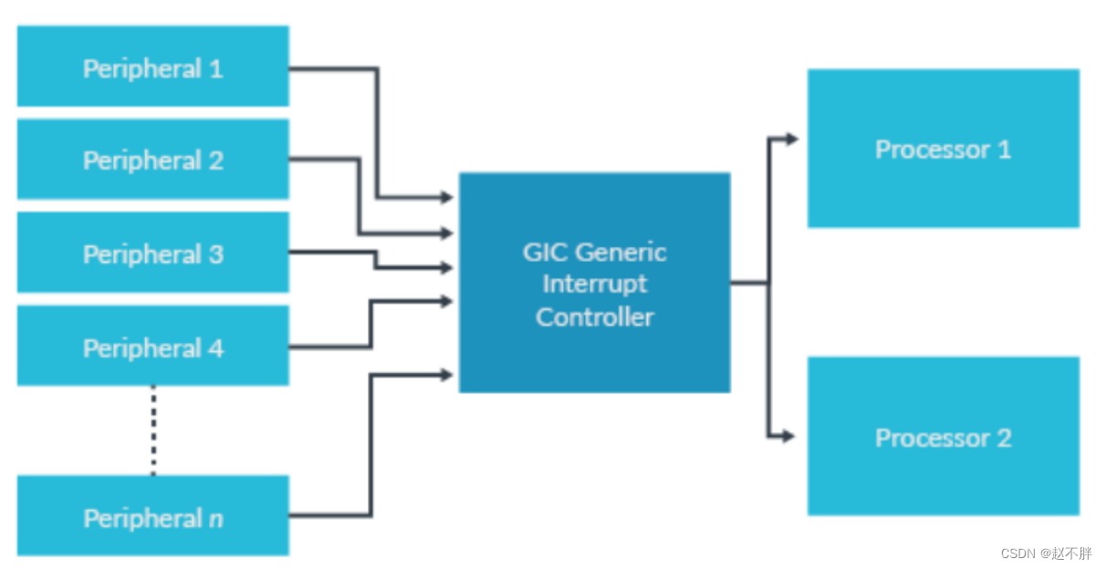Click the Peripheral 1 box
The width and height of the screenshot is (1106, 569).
click(152, 66)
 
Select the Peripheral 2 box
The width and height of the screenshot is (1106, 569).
click(152, 160)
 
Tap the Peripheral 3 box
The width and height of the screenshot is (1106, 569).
click(152, 253)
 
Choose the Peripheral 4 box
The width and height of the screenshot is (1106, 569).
click(152, 346)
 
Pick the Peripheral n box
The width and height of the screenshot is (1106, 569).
click(152, 516)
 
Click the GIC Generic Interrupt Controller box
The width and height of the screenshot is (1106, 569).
click(594, 283)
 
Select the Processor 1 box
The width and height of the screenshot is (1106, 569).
click(943, 149)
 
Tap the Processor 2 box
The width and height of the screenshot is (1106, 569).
click(943, 437)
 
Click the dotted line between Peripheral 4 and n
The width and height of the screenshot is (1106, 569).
click(153, 429)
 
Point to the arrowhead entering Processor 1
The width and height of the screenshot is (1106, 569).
click(791, 139)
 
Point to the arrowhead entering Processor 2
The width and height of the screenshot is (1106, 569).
click(788, 437)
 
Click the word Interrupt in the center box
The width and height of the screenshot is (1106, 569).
click(595, 284)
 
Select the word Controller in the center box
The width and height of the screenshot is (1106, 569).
click(595, 317)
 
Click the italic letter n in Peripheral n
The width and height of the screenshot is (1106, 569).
click(215, 519)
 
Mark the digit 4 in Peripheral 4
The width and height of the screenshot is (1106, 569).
click(215, 347)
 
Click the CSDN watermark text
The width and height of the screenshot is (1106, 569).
click(1046, 553)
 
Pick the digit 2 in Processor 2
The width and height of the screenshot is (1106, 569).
click(1003, 438)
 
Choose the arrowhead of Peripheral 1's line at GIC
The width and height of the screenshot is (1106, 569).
click(447, 197)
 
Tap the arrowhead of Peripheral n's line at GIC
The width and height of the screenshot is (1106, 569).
click(447, 375)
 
